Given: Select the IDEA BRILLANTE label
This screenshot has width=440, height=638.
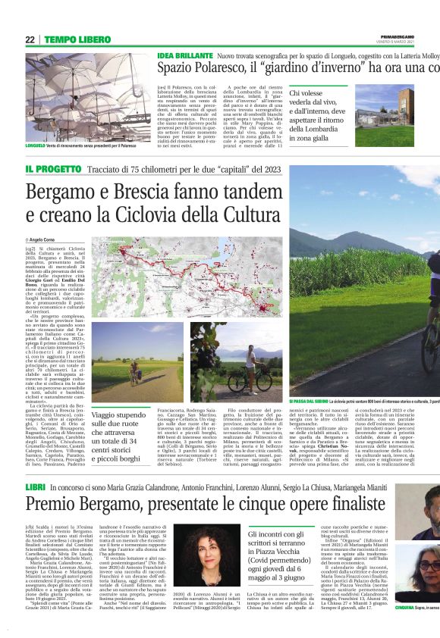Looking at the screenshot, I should click(x=184, y=57).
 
